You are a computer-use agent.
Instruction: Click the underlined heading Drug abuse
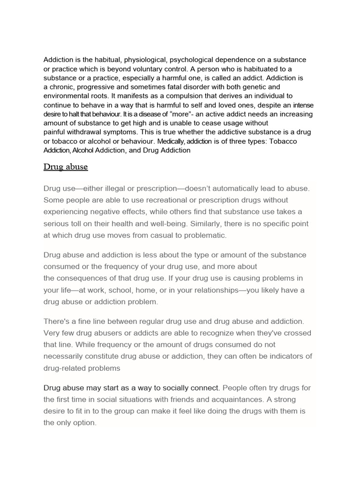(x=66, y=167)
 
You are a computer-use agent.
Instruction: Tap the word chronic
(x=62, y=87)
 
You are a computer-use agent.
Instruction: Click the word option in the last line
(x=84, y=423)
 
